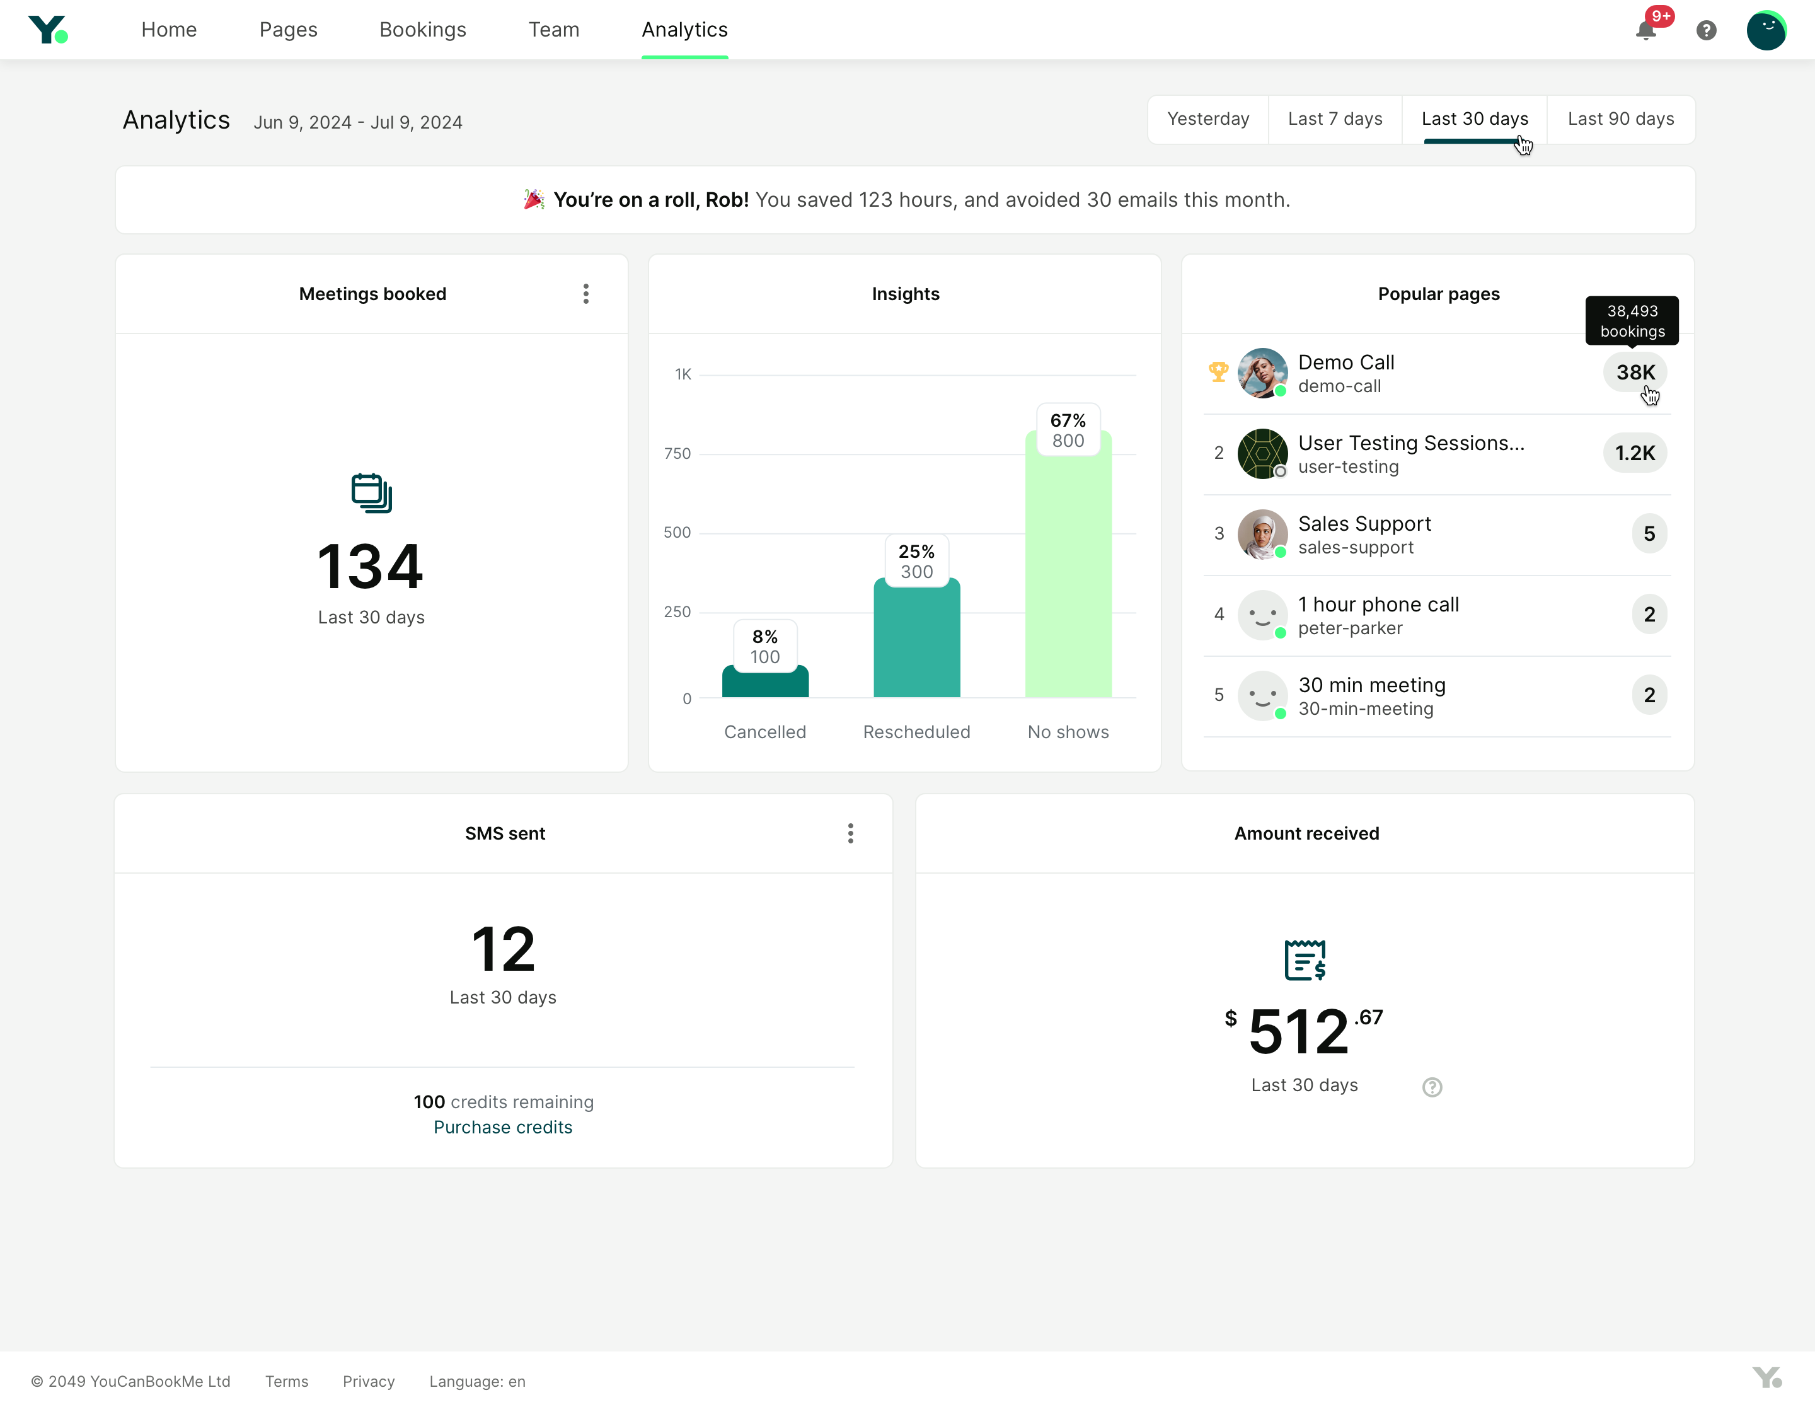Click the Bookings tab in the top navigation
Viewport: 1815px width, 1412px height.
(x=422, y=30)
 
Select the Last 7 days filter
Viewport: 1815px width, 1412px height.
(x=1335, y=119)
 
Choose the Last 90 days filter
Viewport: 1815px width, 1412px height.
(x=1620, y=119)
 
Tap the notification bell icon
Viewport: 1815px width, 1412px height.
(x=1645, y=31)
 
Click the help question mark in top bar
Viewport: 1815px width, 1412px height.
(x=1705, y=31)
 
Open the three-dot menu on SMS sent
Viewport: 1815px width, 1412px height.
(x=850, y=833)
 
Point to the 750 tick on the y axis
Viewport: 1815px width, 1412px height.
(x=677, y=454)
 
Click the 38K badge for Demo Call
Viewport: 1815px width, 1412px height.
(x=1635, y=373)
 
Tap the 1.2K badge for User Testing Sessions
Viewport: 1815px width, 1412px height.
(x=1634, y=453)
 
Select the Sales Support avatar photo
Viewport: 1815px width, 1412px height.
(x=1262, y=533)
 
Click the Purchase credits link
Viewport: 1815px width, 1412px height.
(x=503, y=1127)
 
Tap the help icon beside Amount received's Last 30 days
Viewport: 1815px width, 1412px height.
(x=1431, y=1087)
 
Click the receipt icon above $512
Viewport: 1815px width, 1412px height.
(x=1304, y=960)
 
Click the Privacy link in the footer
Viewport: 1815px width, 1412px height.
(x=368, y=1381)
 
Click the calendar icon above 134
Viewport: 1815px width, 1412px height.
(x=371, y=493)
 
